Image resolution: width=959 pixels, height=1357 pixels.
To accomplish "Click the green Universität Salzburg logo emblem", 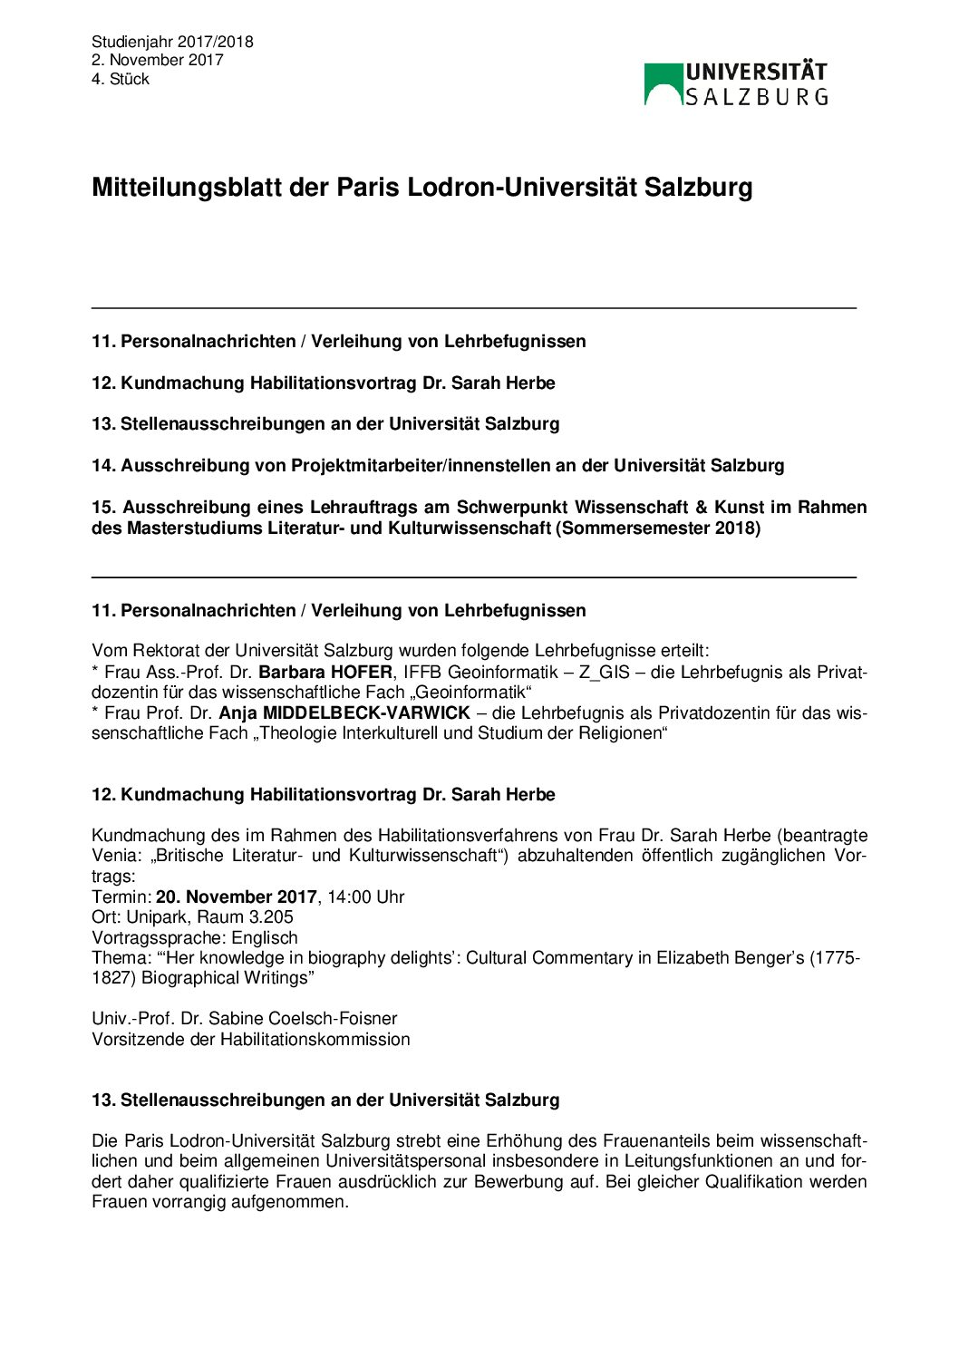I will pyautogui.click(x=663, y=84).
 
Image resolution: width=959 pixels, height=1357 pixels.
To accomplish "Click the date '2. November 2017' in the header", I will pyautogui.click(x=158, y=61).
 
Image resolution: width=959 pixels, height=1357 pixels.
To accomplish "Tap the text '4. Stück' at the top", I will pyautogui.click(x=121, y=80).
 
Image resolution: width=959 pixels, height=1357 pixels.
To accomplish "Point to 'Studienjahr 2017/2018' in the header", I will pyautogui.click(x=172, y=42).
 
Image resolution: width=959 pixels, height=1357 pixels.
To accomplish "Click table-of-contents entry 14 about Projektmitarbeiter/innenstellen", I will pyautogui.click(x=438, y=466).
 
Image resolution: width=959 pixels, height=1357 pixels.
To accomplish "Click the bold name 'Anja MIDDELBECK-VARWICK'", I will pyautogui.click(x=344, y=713).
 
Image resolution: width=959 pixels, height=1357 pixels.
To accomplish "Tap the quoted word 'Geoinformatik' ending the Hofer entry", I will pyautogui.click(x=473, y=693).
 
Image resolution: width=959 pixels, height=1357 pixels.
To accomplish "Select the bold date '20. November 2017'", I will pyautogui.click(x=237, y=897).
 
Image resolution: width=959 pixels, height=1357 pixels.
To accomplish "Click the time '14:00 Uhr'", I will pyautogui.click(x=366, y=897).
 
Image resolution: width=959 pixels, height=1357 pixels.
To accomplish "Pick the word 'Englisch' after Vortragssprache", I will pyautogui.click(x=265, y=938).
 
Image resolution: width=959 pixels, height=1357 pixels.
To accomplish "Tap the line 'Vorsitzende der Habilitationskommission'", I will pyautogui.click(x=251, y=1040).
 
